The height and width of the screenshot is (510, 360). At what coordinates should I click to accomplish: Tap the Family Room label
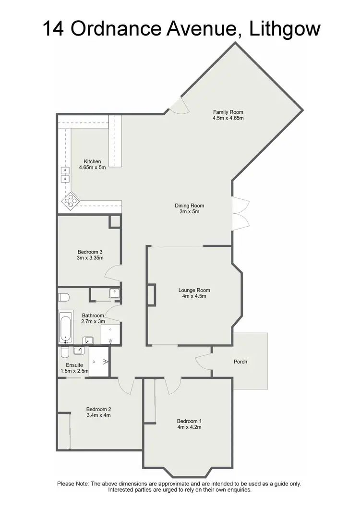(228, 112)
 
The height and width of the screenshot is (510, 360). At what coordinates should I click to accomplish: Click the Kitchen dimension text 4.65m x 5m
(92, 168)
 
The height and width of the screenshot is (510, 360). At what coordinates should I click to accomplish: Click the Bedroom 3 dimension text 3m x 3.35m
(90, 258)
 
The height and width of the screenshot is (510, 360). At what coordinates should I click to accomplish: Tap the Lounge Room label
(194, 290)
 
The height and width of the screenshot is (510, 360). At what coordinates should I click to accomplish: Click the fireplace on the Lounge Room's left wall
(151, 294)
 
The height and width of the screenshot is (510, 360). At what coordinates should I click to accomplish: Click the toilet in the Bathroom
(64, 297)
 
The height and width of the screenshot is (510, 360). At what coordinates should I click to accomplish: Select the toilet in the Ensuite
(65, 353)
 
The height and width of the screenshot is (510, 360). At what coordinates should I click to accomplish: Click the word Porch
(240, 362)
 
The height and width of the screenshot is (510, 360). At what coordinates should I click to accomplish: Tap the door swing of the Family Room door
(177, 106)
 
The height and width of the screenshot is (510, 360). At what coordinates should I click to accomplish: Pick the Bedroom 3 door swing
(111, 277)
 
